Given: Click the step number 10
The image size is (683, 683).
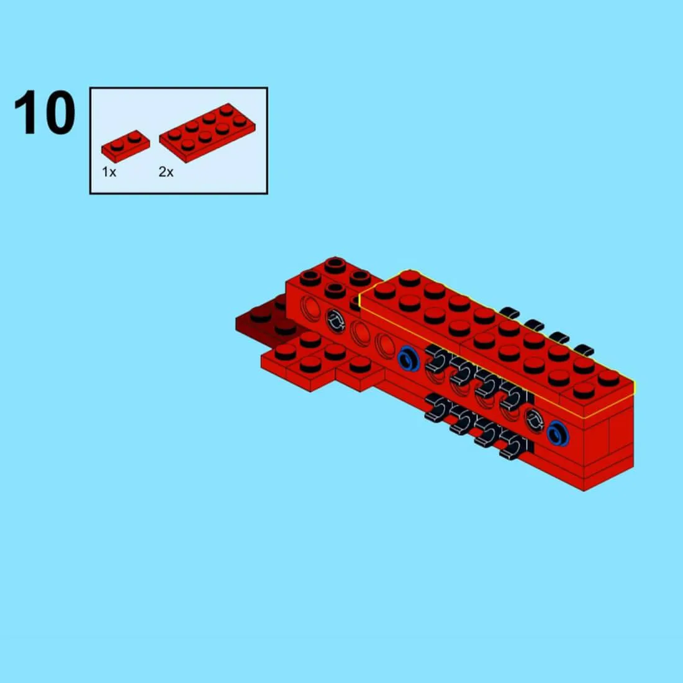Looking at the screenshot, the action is click(45, 112).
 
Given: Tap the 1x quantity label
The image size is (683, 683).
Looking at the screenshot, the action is click(109, 172).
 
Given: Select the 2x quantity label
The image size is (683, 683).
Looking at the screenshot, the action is click(166, 172).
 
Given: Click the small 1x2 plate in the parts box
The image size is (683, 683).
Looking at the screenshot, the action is click(125, 146).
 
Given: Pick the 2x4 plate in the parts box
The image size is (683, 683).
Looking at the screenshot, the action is click(207, 132).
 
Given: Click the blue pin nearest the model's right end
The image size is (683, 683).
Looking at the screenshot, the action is click(558, 433).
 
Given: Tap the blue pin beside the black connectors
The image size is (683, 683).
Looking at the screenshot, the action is click(409, 359).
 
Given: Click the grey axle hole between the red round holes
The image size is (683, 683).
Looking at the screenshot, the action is click(335, 320).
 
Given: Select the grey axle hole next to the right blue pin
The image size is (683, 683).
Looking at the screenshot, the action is click(533, 420).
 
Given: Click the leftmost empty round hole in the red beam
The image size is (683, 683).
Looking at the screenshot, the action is click(310, 309).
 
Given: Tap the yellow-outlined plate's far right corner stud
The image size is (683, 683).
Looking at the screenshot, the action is click(608, 378).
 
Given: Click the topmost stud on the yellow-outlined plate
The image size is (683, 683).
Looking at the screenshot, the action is click(409, 278).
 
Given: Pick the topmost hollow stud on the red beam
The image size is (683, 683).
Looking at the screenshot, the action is click(335, 265).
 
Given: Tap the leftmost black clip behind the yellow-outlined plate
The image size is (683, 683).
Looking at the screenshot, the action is click(510, 312).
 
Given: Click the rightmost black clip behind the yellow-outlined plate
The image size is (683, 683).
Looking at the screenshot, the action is click(584, 350).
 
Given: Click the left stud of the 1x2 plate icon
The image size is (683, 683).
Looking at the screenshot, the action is click(116, 145).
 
